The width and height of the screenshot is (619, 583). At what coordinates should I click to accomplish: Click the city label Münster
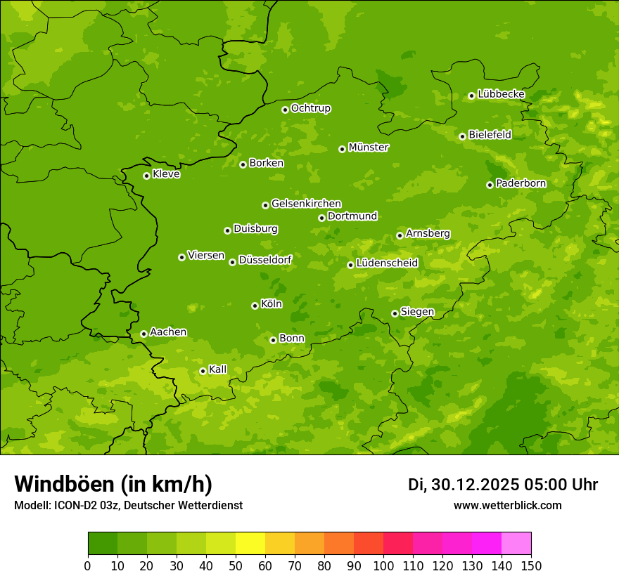(369, 148)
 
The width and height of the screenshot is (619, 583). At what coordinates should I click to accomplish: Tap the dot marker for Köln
(255, 306)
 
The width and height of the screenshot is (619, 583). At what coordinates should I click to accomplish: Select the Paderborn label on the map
(521, 183)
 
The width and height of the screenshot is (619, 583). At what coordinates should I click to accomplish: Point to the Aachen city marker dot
(143, 334)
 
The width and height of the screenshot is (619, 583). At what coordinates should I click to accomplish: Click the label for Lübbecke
(501, 94)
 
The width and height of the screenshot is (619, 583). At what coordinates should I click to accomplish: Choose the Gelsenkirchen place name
(306, 204)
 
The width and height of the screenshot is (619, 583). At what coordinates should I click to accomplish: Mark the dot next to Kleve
(146, 176)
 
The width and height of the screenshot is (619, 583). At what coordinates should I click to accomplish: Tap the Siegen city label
(417, 312)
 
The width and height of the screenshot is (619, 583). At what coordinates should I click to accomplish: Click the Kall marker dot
(203, 371)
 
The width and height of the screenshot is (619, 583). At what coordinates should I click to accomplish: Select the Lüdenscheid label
(387, 263)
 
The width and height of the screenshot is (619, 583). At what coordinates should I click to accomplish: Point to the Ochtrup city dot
(285, 110)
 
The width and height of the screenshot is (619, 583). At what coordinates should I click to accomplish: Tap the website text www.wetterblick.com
(507, 505)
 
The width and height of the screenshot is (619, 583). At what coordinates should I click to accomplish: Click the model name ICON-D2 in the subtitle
(76, 505)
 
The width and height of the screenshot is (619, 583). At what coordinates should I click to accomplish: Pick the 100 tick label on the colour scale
(383, 566)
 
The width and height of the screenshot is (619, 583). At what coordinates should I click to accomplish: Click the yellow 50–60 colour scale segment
(250, 544)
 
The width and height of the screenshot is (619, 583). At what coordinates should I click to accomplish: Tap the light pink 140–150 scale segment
(516, 544)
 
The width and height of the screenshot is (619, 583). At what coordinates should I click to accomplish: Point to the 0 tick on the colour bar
(88, 566)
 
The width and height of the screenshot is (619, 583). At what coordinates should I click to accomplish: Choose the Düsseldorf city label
(265, 260)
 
